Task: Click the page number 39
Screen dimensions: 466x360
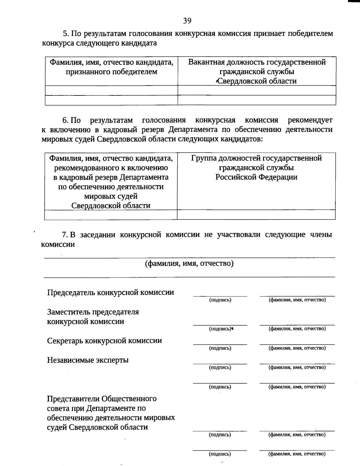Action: (187, 20)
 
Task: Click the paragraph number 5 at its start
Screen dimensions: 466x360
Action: (64, 34)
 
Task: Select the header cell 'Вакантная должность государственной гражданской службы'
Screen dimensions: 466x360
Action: (257, 71)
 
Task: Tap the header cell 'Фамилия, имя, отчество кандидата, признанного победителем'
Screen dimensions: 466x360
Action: (111, 67)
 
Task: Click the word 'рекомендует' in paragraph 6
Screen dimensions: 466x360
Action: (310, 120)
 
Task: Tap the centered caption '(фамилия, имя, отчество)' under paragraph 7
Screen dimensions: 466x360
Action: (189, 263)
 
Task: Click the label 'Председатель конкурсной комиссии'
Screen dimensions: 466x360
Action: (110, 293)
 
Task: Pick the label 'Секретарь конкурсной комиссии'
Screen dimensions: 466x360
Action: (104, 341)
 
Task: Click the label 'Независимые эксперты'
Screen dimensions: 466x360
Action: (88, 360)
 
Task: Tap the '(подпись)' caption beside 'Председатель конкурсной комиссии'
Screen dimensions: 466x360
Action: (220, 300)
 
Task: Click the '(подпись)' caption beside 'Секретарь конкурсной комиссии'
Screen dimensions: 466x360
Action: (220, 348)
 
